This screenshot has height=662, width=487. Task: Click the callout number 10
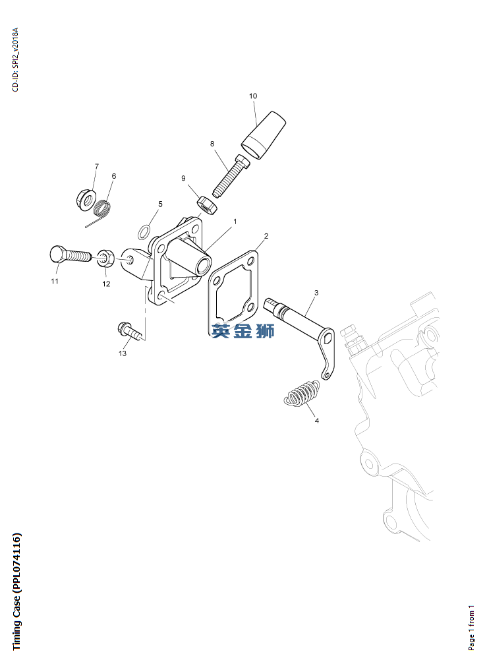pyautogui.click(x=253, y=96)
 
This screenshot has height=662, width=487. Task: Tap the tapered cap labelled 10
pyautogui.click(x=264, y=135)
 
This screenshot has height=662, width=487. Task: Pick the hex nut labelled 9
pyautogui.click(x=207, y=205)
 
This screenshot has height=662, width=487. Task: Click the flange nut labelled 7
pyautogui.click(x=86, y=199)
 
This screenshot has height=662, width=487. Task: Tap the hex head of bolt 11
pyautogui.click(x=57, y=254)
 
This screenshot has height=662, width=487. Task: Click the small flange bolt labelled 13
pyautogui.click(x=130, y=330)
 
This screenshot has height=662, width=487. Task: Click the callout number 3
pyautogui.click(x=316, y=293)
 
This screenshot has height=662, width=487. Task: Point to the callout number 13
pyautogui.click(x=123, y=353)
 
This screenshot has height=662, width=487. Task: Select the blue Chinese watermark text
pyautogui.click(x=243, y=330)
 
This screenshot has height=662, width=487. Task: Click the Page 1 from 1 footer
pyautogui.click(x=471, y=628)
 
